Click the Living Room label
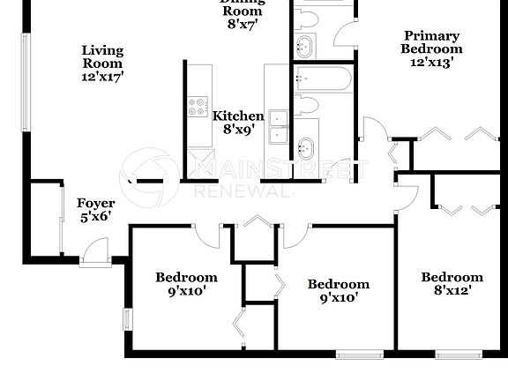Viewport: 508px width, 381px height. pos(102,56)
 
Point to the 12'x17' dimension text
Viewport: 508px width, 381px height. pos(102,77)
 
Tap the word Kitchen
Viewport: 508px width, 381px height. pos(238,116)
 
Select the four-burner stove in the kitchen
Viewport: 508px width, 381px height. pos(197,108)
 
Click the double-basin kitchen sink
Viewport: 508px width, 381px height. pos(279,123)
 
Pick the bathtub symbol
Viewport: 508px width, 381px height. pos(322,78)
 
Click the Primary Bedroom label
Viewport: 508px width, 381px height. pos(431,42)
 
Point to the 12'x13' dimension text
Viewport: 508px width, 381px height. pos(431,63)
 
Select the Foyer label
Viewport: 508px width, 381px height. pos(95,204)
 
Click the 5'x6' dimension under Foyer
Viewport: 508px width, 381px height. pos(95,217)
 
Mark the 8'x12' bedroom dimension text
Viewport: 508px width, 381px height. pos(452,291)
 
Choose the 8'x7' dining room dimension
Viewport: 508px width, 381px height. pos(241,25)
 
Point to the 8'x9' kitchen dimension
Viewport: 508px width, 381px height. pos(238,130)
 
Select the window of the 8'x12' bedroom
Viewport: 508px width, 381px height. pos(458,355)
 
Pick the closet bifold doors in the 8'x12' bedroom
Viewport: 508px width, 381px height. pos(467,210)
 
